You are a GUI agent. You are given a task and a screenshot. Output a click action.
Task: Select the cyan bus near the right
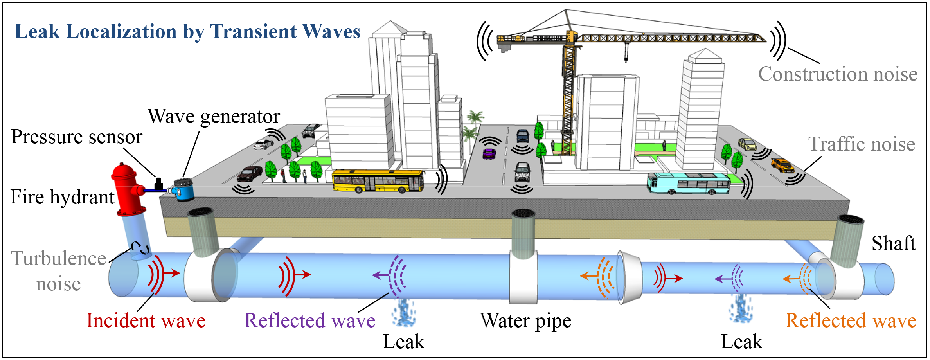coord(688,184)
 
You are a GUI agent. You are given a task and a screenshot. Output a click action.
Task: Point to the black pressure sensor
coord(158,184)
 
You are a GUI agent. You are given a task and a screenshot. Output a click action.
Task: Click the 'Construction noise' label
coord(838,74)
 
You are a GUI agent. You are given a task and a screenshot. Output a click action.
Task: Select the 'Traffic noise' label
coord(862,144)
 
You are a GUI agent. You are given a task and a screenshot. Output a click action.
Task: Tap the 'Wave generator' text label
coord(214,117)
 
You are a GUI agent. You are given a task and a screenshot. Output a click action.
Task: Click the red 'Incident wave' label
coord(146,321)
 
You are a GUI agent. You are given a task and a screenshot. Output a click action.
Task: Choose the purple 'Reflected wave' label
coord(309,321)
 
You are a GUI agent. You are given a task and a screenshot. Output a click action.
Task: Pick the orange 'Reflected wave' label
coord(851,321)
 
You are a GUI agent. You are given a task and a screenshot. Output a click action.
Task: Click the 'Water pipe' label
coord(525,321)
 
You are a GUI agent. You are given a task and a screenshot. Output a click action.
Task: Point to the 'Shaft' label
coord(893,243)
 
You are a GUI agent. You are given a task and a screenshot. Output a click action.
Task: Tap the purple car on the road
coord(489,153)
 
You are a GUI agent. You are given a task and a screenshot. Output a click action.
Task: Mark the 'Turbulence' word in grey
coord(59,259)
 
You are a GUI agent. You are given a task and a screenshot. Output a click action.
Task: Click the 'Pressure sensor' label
coord(77,137)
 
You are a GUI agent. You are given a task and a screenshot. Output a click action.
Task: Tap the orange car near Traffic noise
coord(782,165)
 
